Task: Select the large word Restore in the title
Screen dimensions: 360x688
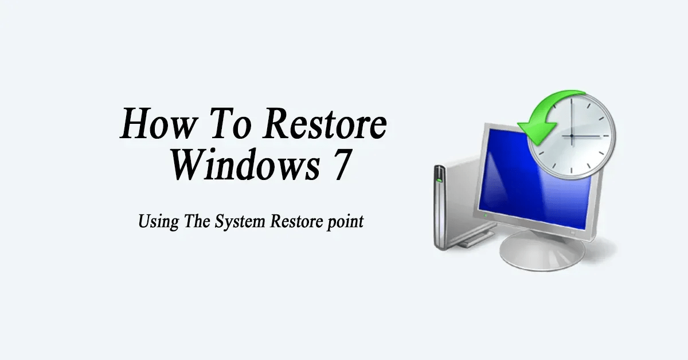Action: [323, 124]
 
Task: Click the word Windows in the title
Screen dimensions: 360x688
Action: [236, 165]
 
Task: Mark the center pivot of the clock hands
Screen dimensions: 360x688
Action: [571, 136]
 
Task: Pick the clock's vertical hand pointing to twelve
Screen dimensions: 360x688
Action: [571, 118]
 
